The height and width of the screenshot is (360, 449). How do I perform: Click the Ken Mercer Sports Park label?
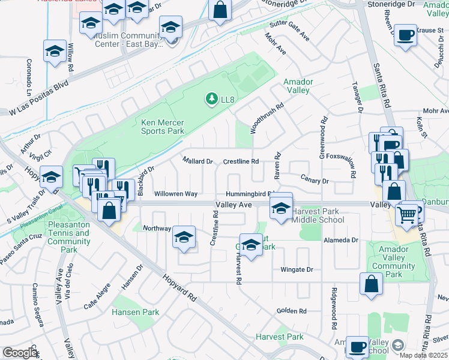pyautogui.click(x=162, y=127)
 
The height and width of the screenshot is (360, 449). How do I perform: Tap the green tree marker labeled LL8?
pyautogui.click(x=211, y=98)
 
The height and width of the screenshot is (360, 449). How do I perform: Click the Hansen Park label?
pyautogui.click(x=136, y=312)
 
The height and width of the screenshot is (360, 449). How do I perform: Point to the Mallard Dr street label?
pyautogui.click(x=198, y=161)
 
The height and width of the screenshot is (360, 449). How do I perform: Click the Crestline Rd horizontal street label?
pyautogui.click(x=241, y=161)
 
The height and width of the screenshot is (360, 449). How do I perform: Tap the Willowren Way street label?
pyautogui.click(x=176, y=194)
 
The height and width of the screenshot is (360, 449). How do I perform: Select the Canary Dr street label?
pyautogui.click(x=316, y=181)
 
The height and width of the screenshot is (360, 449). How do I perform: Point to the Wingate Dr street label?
pyautogui.click(x=297, y=270)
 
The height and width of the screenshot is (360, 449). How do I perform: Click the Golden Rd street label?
pyautogui.click(x=292, y=311)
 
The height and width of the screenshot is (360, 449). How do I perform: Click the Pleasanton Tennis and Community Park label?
pyautogui.click(x=68, y=237)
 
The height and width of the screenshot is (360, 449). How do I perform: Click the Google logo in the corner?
pyautogui.click(x=20, y=353)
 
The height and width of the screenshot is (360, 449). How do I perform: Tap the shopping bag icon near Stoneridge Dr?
pyautogui.click(x=220, y=9)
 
